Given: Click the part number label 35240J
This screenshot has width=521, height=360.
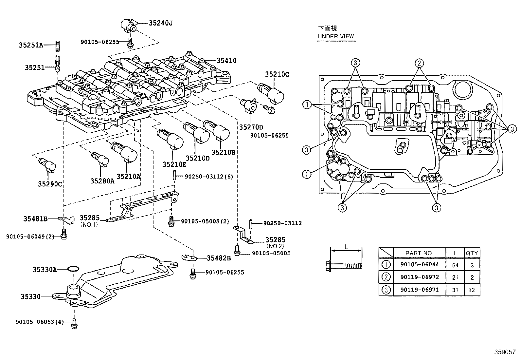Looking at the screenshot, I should pos(160,23).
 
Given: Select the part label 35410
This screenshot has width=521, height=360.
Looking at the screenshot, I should pos(226,61).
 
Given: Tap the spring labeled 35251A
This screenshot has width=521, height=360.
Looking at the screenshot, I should pos(57,46).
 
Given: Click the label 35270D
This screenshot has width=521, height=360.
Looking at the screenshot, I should pos(251,127).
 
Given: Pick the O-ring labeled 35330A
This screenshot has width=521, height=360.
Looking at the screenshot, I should pos(73,269).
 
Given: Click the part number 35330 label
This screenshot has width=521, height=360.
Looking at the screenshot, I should pos(30,297).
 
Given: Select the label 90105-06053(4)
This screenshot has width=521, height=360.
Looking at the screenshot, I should pos(39,322).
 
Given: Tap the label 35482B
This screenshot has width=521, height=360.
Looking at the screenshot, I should pos(219,258).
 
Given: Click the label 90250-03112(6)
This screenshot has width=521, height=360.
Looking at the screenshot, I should pos(209,177).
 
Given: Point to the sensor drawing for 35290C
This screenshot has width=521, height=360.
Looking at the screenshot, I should pos(47,164).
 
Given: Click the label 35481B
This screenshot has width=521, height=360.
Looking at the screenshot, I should pos(35,218).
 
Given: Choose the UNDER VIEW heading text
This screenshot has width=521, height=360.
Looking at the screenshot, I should pos(336,36).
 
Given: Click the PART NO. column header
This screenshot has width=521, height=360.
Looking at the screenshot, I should pos(419,253).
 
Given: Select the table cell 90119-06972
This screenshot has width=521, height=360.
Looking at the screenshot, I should pos(419,277).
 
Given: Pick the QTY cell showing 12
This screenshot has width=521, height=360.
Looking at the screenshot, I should pos(472,290).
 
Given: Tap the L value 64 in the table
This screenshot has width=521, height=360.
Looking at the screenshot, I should pos(455,265).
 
